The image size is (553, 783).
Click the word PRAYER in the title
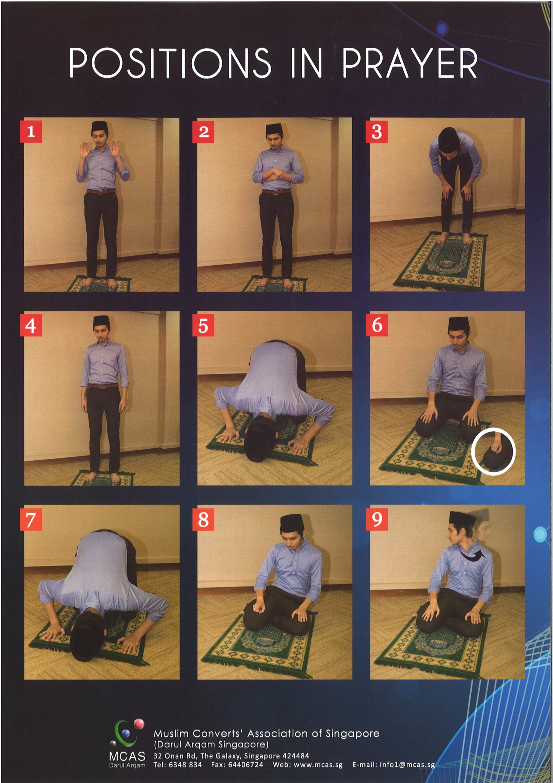coord(409,63)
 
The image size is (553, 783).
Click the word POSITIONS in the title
coord(170,63)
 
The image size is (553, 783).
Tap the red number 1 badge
coord(31,132)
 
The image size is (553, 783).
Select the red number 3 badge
coord(377,132)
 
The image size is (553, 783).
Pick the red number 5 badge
coord(203,326)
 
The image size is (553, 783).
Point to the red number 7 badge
coord(31,520)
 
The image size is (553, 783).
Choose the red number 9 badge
coord(377,519)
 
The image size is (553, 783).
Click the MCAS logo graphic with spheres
coord(128,733)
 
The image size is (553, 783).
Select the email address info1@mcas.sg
coord(393,765)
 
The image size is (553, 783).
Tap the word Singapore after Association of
coord(352,733)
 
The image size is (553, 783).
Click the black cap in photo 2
coord(274,128)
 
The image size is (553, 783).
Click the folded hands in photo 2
coord(276,176)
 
